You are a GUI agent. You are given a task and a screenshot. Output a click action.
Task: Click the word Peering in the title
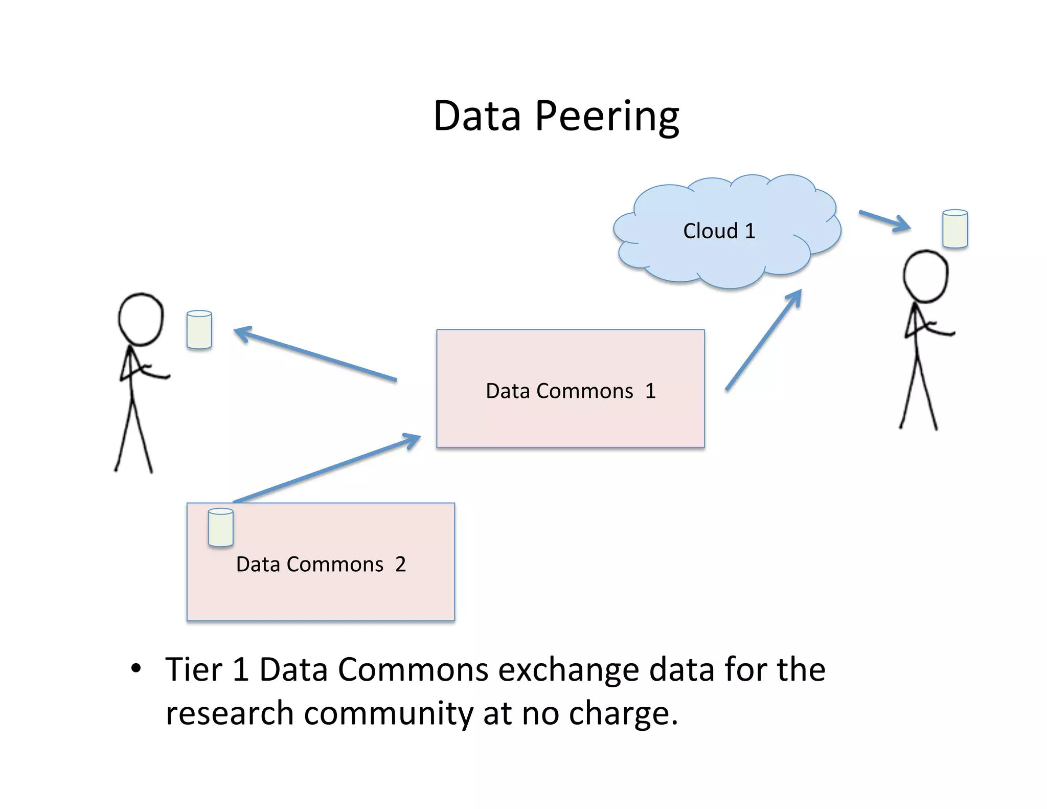(x=607, y=116)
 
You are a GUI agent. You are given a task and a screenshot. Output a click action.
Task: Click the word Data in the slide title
(x=477, y=116)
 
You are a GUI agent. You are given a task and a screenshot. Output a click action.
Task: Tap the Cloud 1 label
(x=719, y=231)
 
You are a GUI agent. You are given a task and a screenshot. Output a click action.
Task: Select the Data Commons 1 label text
(x=571, y=391)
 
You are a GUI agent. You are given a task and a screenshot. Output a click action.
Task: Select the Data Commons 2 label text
(x=321, y=565)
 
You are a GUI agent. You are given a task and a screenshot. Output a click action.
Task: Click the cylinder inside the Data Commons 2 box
(x=221, y=527)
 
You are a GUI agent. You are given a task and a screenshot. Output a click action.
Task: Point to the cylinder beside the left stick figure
(x=199, y=330)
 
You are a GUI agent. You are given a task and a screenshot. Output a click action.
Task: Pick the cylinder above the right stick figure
(x=955, y=229)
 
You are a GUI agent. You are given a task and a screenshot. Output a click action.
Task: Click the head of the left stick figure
(x=141, y=319)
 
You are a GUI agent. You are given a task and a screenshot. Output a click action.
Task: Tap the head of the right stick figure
(x=925, y=277)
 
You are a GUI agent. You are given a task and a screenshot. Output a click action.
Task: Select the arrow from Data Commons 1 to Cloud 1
(x=763, y=340)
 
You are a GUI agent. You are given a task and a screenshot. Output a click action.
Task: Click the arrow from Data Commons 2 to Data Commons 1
(x=327, y=468)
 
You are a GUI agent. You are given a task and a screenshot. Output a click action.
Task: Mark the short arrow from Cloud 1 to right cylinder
(x=884, y=220)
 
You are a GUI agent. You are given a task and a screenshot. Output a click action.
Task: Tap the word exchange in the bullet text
(x=568, y=670)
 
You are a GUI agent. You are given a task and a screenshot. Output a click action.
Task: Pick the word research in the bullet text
(x=230, y=713)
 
